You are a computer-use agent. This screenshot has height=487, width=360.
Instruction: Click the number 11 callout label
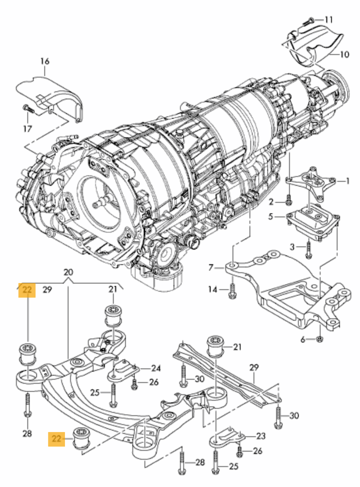[328, 19]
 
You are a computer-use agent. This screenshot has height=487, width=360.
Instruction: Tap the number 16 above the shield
[44, 61]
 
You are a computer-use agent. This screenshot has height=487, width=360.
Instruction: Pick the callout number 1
[348, 181]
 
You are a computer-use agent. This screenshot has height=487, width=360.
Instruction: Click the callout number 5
[270, 216]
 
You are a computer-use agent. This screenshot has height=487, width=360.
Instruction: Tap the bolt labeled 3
[309, 247]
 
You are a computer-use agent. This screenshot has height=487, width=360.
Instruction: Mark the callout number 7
[210, 267]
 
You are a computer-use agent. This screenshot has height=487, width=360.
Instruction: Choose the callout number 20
[68, 272]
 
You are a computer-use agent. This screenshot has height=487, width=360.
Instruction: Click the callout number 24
[156, 368]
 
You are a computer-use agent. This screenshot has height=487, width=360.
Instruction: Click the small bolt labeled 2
[288, 201]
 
